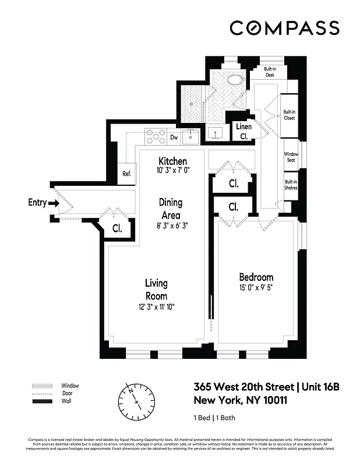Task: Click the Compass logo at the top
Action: (x=284, y=28)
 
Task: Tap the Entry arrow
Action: (x=52, y=203)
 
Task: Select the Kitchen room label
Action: (x=173, y=161)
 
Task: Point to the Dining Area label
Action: (x=171, y=208)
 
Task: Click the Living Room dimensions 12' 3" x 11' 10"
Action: (x=156, y=308)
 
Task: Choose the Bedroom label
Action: (x=256, y=277)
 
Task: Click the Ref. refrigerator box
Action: (x=126, y=173)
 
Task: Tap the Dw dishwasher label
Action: (x=174, y=138)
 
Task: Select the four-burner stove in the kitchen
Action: (x=156, y=136)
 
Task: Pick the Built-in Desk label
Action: (x=270, y=72)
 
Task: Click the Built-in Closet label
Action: (x=289, y=115)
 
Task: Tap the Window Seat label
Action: (x=291, y=157)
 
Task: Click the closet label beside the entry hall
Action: (x=117, y=228)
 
